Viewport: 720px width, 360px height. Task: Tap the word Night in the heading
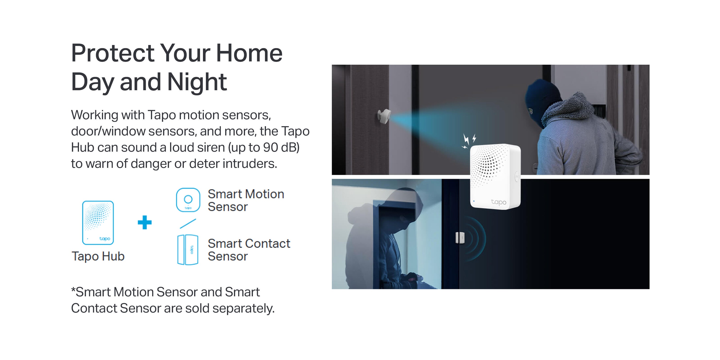tap(197, 82)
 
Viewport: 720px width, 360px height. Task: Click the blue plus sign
tap(144, 223)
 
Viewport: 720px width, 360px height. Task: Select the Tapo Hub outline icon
tap(98, 223)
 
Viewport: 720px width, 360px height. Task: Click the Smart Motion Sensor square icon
tap(188, 200)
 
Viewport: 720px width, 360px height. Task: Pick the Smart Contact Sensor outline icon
tap(188, 250)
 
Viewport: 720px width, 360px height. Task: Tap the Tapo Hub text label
tap(98, 256)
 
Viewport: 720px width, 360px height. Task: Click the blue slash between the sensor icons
tap(188, 224)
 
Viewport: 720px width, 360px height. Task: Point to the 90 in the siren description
tap(270, 147)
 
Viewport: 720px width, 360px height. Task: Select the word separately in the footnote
tap(243, 308)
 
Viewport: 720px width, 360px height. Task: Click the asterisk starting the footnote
tap(73, 290)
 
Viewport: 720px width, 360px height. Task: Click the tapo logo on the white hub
tap(499, 202)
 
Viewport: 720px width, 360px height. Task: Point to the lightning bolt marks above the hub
tap(468, 141)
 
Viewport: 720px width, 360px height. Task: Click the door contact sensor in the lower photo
tap(460, 238)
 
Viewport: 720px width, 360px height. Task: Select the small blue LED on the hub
tap(474, 201)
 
